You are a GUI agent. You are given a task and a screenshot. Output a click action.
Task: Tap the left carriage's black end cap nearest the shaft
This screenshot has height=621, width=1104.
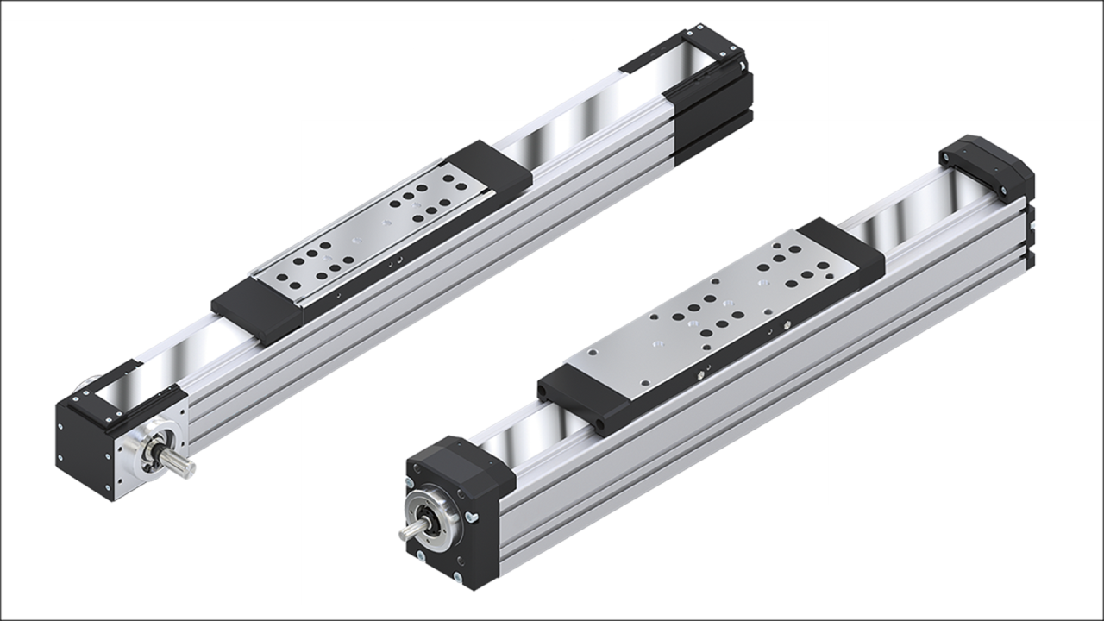pyautogui.click(x=254, y=306)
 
